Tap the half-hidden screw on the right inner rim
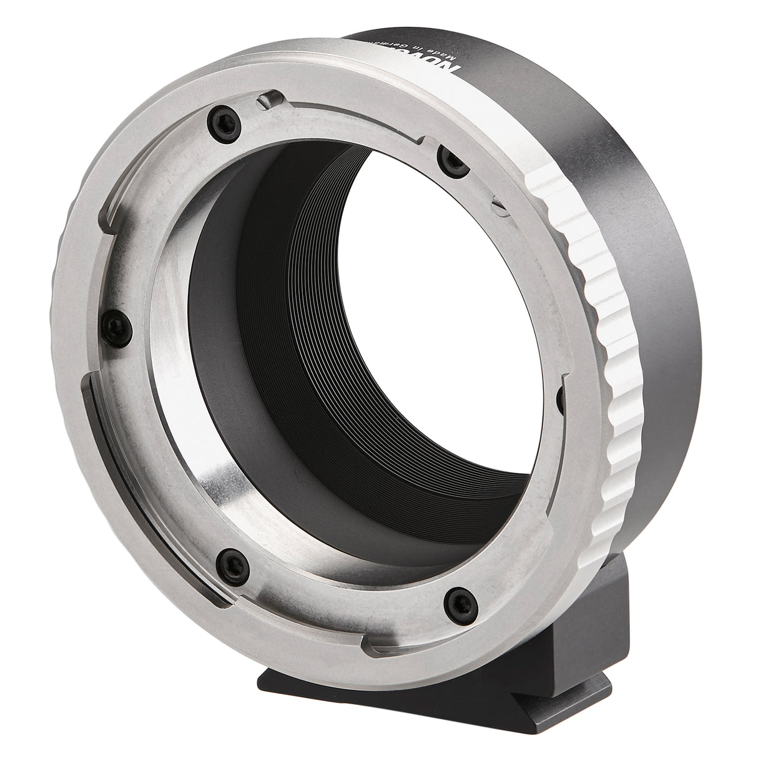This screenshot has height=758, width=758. [x=560, y=393]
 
